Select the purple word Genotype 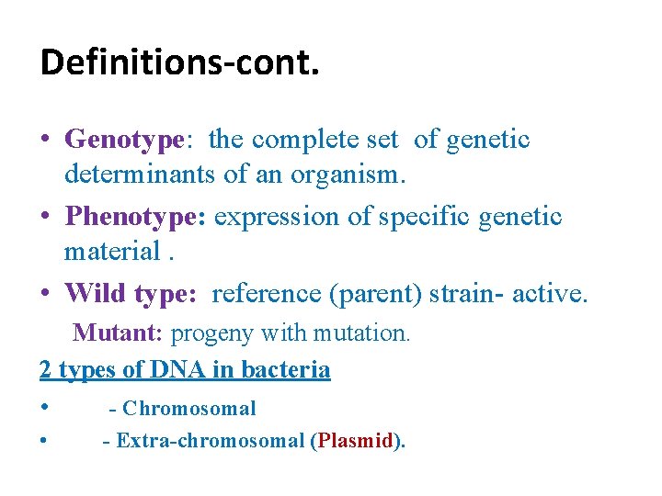[x=124, y=141]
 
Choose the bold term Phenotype [x=136, y=218]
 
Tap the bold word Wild [x=96, y=293]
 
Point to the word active [x=549, y=293]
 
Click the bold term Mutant [x=118, y=333]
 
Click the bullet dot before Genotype [x=45, y=141]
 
